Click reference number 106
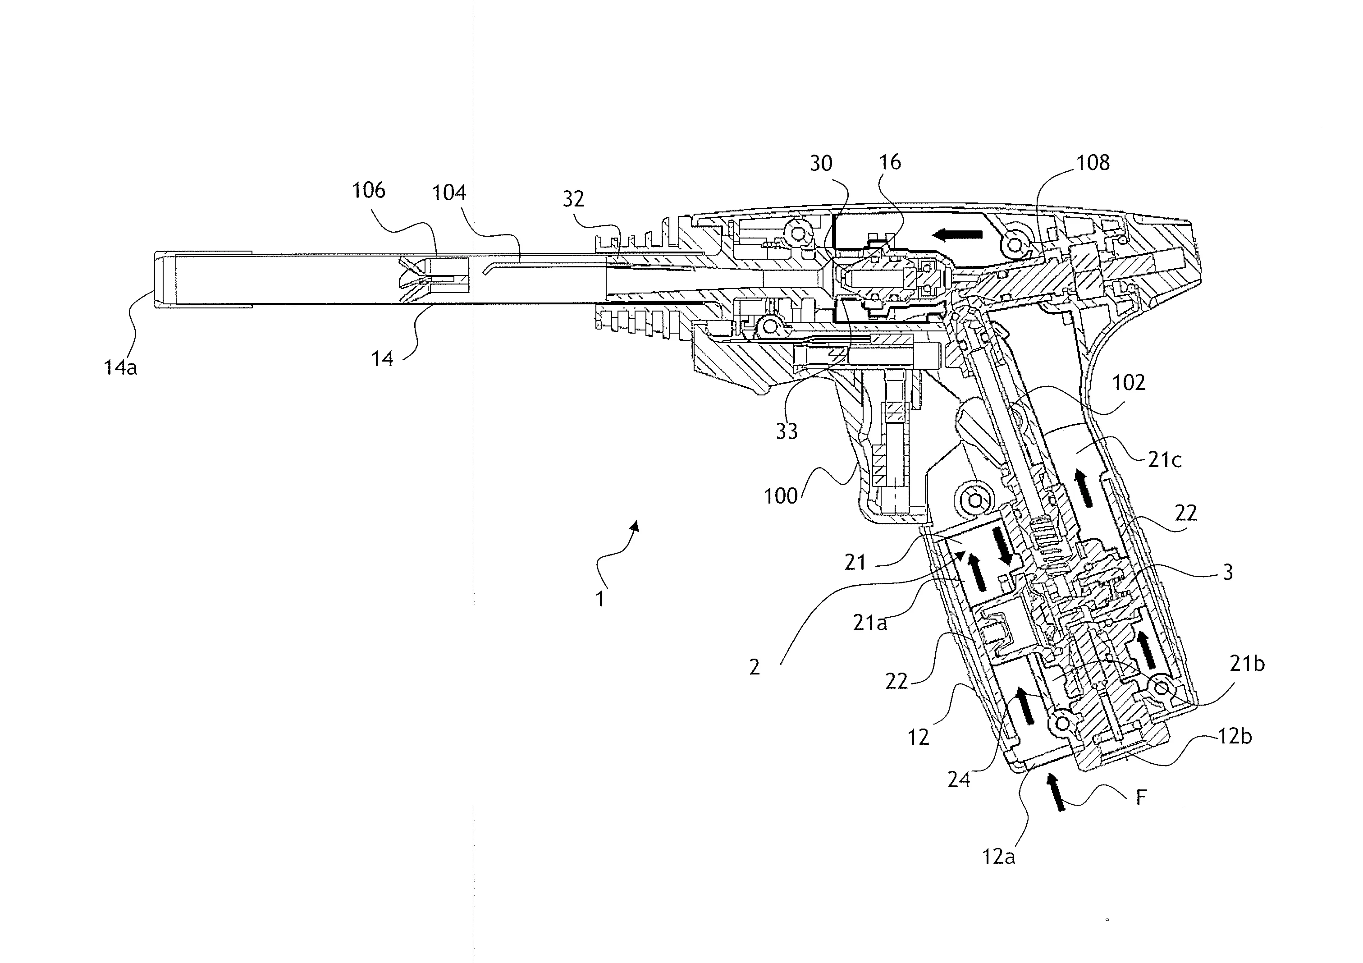[369, 191]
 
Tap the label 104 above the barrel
[449, 193]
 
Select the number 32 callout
[573, 199]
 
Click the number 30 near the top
[822, 163]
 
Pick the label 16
[890, 162]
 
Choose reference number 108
[1093, 163]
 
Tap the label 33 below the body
[787, 431]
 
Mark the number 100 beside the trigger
[781, 496]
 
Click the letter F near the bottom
[1140, 798]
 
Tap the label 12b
[1235, 737]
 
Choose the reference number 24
[959, 780]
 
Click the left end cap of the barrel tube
[165, 280]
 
